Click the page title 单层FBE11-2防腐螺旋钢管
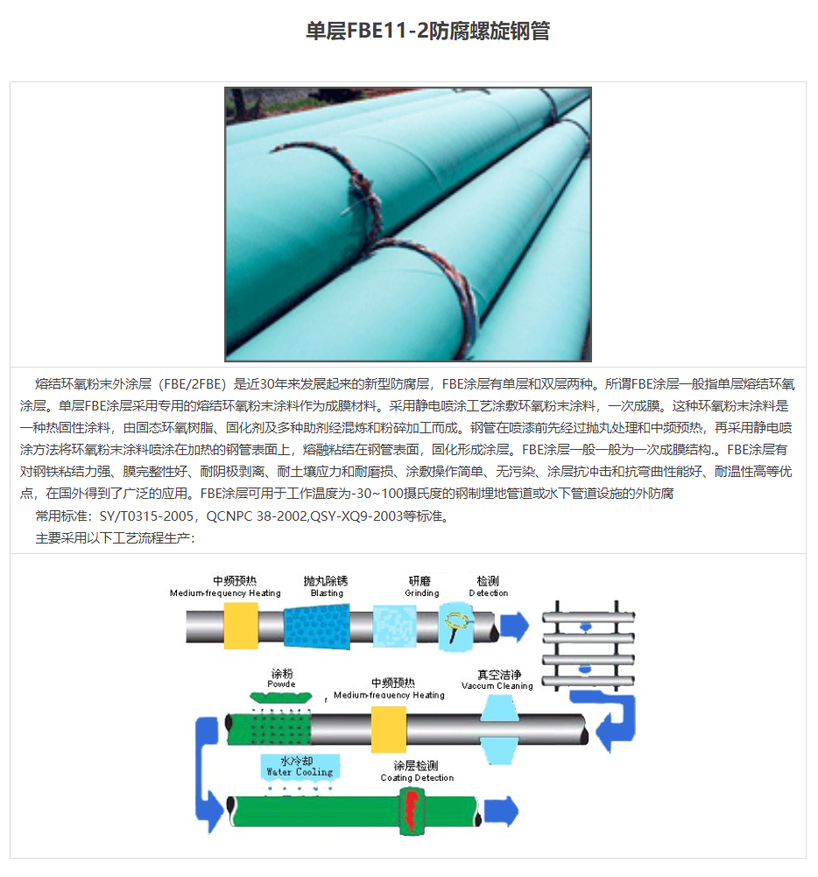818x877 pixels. pos(427,32)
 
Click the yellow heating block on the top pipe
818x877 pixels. pos(241,626)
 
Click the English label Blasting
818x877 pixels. pos(327,593)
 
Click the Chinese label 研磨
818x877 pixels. pos(420,580)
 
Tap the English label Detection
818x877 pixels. pos(488,593)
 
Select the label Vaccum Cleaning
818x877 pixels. pos(497,686)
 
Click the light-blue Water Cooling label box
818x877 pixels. pos(300,767)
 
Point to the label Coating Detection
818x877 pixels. pos(417,778)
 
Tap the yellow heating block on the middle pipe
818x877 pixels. pos(389,729)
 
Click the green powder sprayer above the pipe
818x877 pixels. pos(280,697)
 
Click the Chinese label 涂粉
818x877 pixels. pos(281,674)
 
